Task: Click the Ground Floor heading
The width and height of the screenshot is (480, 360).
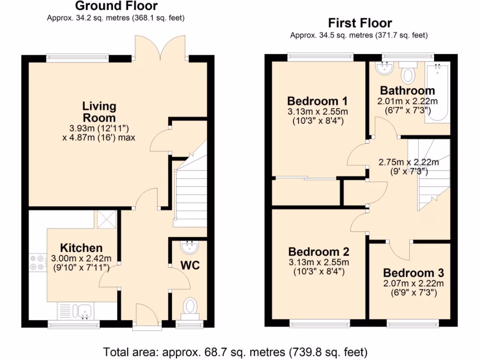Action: click(x=116, y=6)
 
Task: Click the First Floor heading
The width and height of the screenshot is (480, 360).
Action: click(x=360, y=23)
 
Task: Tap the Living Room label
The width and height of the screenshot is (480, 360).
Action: click(x=99, y=112)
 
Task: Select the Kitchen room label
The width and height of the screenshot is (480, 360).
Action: click(x=81, y=247)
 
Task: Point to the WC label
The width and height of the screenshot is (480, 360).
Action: click(x=190, y=265)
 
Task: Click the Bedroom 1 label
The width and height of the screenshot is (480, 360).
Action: click(x=317, y=101)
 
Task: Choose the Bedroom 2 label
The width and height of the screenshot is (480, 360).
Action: click(x=319, y=252)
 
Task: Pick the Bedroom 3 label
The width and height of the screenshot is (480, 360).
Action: click(x=413, y=273)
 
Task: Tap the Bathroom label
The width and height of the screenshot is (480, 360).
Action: click(x=407, y=90)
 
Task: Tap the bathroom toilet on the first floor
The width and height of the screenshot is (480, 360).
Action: click(x=408, y=73)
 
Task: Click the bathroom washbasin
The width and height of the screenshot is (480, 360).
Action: click(x=384, y=68)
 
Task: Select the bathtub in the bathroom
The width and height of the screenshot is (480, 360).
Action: click(x=437, y=92)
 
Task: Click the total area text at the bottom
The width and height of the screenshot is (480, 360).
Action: click(x=235, y=352)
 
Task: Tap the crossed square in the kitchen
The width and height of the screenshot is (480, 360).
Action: click(x=107, y=219)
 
